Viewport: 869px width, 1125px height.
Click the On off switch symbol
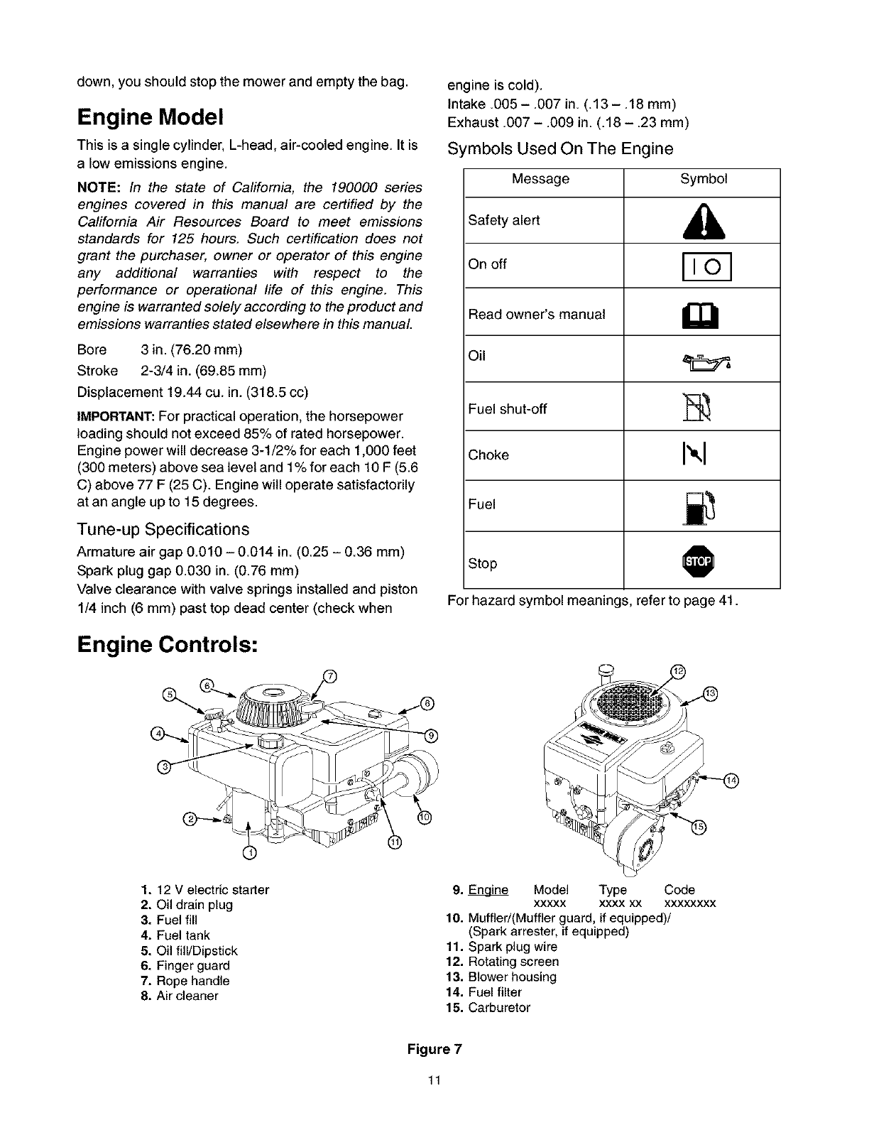(x=701, y=266)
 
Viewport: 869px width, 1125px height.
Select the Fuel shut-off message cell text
(x=508, y=409)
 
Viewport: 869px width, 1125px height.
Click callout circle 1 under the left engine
(x=248, y=852)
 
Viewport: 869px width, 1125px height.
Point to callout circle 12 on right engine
(x=678, y=671)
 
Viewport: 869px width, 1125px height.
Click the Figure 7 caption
(x=434, y=1050)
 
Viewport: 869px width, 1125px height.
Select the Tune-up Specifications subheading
(x=163, y=530)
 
